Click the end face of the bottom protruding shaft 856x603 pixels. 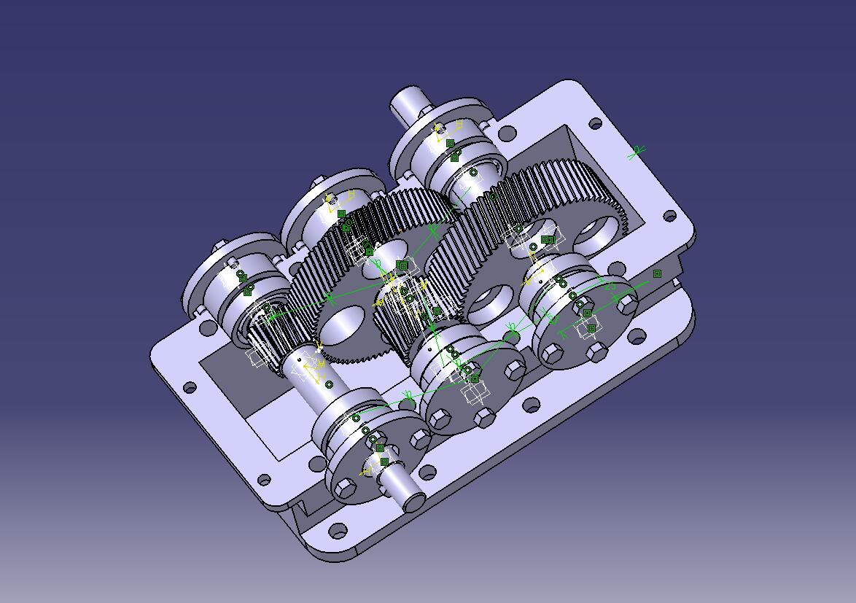(x=412, y=502)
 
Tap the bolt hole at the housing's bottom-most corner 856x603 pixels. (x=336, y=529)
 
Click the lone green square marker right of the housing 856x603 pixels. (x=657, y=273)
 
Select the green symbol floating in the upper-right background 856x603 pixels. (x=637, y=152)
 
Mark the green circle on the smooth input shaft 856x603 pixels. (x=329, y=384)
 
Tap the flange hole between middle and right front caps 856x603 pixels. (x=532, y=402)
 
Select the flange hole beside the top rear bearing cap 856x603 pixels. (x=506, y=133)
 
